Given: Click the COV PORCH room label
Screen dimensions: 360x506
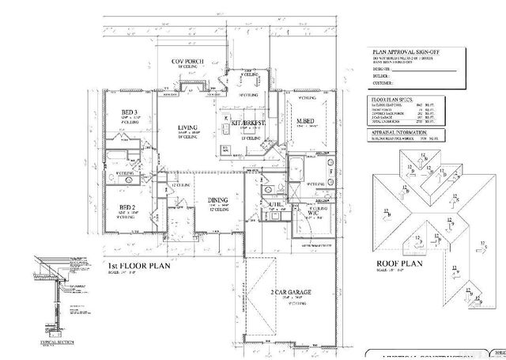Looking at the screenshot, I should click(190, 62).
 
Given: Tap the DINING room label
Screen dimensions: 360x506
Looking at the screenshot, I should click(217, 200).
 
